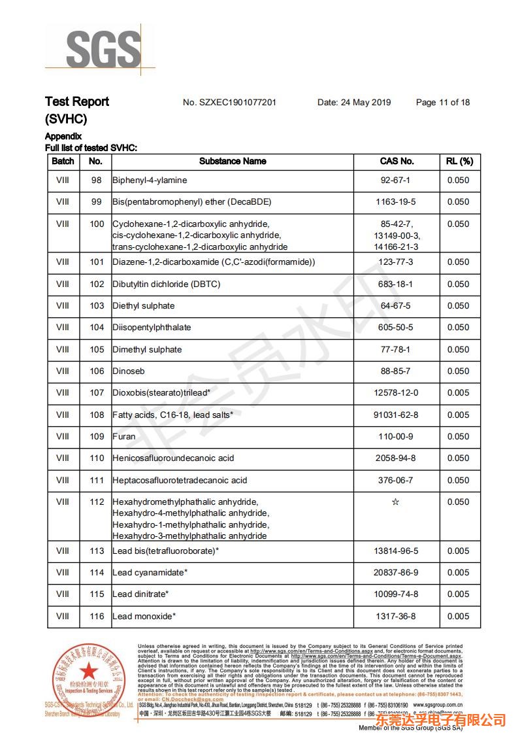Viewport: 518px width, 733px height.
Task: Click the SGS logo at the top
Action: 103,49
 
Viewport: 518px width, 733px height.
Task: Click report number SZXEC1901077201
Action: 229,103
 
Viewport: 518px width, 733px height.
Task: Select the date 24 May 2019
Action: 354,103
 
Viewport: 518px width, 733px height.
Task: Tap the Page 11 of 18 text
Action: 442,103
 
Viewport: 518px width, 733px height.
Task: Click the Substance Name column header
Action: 233,161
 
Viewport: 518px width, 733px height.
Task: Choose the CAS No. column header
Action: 397,161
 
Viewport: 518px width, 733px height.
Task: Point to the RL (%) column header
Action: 459,161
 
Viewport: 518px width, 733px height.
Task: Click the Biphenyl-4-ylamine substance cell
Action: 150,180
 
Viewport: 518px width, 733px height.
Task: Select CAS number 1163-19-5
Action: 395,202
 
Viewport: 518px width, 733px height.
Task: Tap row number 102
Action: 97,284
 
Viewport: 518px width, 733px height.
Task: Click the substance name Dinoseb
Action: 128,371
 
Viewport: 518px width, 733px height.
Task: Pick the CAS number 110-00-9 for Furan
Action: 395,437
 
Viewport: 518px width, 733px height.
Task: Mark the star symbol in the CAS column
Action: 395,502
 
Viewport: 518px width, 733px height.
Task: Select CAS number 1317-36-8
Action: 395,617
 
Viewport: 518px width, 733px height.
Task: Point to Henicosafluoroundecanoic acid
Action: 173,458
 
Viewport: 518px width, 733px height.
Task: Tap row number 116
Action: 97,617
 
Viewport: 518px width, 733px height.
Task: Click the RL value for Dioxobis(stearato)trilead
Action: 458,393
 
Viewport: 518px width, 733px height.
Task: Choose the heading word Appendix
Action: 63,137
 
